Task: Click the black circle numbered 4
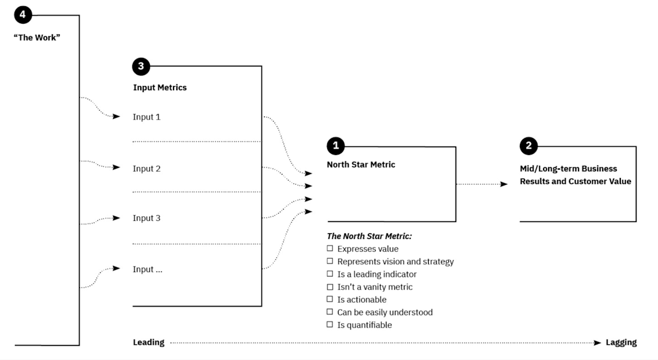pos(23,15)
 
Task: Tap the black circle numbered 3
pos(141,66)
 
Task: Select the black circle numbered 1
pos(336,146)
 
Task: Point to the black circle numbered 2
pos(528,146)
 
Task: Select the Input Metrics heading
pos(160,87)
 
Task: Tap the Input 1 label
pos(146,117)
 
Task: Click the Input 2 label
pos(146,168)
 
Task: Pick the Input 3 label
pos(146,218)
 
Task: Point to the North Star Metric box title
pos(361,165)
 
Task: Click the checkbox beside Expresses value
pos(330,248)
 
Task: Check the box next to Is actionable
pos(330,299)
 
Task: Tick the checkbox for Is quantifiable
pos(330,325)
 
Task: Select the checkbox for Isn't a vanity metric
pos(330,287)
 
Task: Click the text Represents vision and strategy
pos(395,261)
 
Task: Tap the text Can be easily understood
pos(385,312)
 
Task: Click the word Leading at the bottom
pos(149,342)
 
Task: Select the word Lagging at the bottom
pos(621,342)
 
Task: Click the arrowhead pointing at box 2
pos(504,184)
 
